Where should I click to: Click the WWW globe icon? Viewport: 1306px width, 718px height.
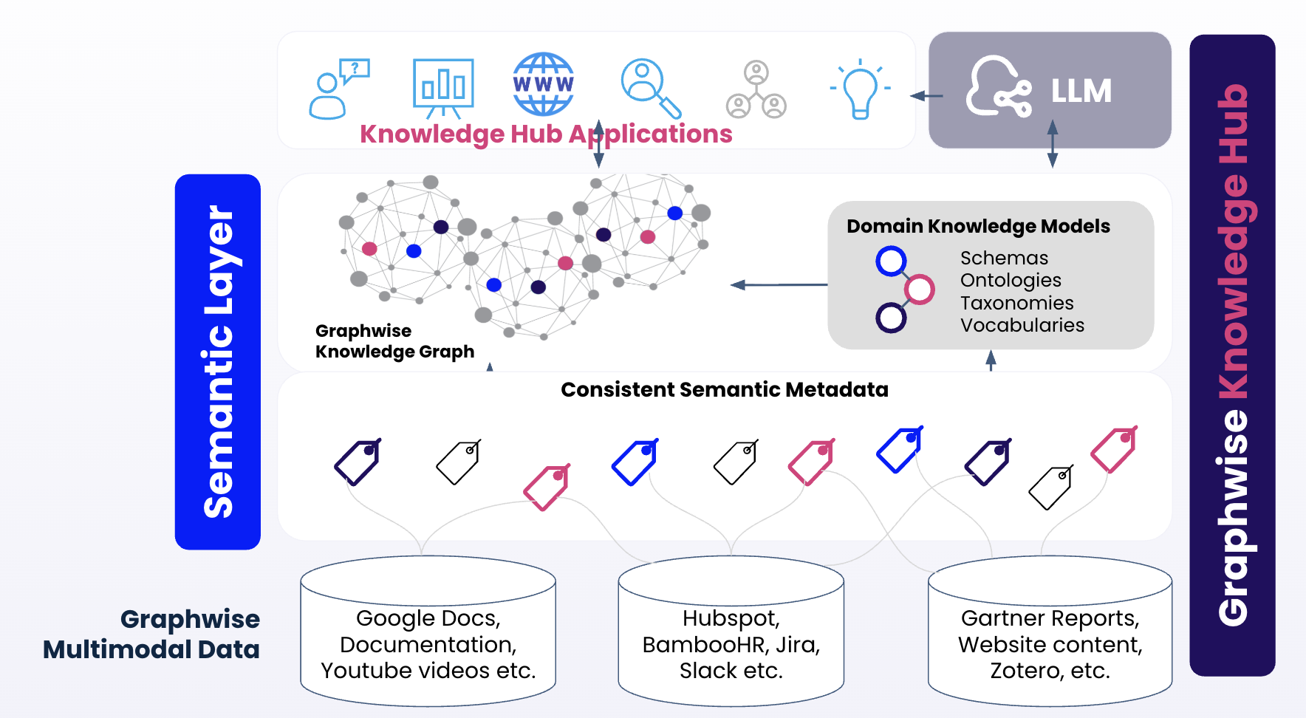click(543, 83)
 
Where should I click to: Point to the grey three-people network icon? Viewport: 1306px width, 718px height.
click(756, 90)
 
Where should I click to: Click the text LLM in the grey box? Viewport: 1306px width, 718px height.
click(1081, 92)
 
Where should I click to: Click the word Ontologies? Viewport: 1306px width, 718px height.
click(1011, 281)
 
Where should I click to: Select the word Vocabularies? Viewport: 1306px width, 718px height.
click(1022, 326)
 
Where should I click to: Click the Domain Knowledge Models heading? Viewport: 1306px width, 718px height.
click(978, 226)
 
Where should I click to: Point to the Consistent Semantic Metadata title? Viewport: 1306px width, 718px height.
click(724, 390)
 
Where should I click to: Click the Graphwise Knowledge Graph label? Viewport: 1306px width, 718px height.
click(394, 341)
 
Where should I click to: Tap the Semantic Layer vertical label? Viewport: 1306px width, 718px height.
click(218, 362)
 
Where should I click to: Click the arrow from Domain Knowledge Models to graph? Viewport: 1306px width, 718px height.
click(779, 284)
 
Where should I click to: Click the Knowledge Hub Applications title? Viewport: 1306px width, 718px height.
click(546, 134)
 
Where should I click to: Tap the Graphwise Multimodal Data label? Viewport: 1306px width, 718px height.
click(152, 635)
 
